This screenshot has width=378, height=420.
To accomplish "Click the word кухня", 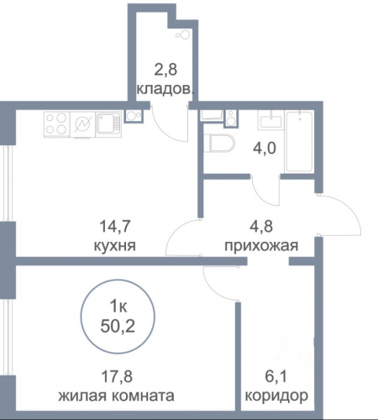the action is [114, 246].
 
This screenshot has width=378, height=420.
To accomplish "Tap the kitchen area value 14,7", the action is [115, 226].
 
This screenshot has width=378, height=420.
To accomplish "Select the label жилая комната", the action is [116, 396].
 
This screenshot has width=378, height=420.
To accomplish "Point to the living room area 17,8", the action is [117, 376].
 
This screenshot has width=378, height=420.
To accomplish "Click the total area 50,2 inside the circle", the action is [118, 327].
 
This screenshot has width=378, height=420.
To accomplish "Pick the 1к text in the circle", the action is [118, 307].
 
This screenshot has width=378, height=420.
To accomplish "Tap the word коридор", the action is [276, 396].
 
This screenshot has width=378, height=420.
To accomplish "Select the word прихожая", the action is [261, 246].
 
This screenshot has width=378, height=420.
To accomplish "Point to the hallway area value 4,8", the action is [261, 226].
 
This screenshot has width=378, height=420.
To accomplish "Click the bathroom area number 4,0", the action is [265, 149].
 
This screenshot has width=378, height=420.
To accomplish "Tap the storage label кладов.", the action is [165, 89].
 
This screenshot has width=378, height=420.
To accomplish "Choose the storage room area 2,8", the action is [165, 70].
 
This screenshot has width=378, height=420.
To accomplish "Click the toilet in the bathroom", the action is [220, 144].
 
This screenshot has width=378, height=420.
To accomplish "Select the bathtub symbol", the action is [299, 142].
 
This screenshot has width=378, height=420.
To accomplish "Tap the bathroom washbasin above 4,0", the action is [270, 120].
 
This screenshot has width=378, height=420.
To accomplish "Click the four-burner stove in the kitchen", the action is [56, 124].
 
